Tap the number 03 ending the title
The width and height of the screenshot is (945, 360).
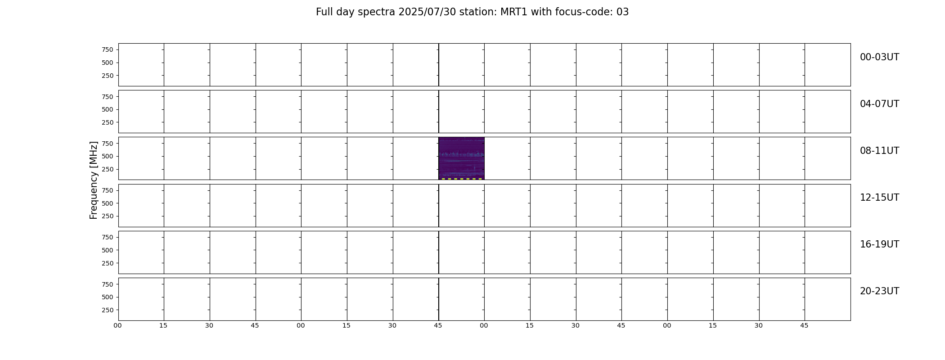(622, 12)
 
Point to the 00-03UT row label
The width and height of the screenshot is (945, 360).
(879, 57)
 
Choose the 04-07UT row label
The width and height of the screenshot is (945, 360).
(879, 104)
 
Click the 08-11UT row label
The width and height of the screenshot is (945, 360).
(879, 151)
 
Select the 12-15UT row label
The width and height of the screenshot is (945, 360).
(879, 198)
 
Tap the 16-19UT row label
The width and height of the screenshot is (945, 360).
(879, 244)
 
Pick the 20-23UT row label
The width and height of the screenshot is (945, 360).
(879, 291)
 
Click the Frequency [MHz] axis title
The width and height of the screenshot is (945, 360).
(94, 180)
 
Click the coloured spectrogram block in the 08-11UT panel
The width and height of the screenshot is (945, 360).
(461, 158)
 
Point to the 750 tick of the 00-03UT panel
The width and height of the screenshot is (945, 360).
(108, 49)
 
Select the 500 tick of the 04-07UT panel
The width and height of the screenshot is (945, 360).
(108, 109)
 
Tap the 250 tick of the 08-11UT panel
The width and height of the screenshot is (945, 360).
(108, 169)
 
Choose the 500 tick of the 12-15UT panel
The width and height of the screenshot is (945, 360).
(108, 203)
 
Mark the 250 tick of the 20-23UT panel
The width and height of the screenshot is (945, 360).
(108, 310)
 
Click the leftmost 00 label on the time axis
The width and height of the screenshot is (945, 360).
(118, 325)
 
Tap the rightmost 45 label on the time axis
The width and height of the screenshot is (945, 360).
(804, 325)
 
